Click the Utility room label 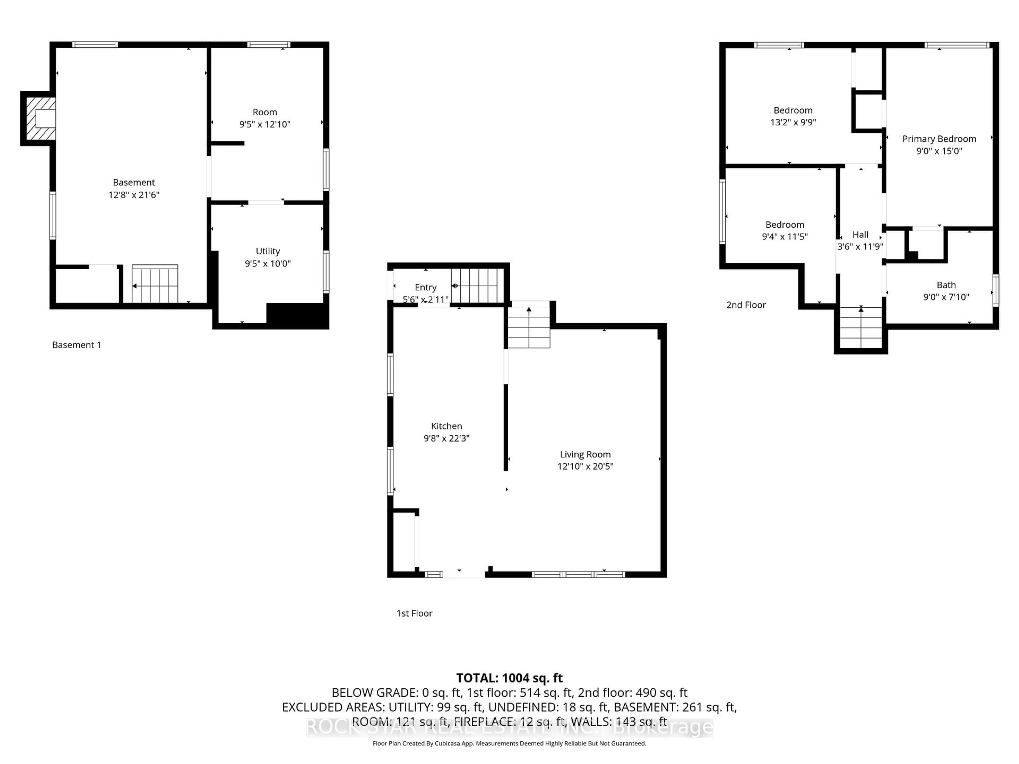pos(268,251)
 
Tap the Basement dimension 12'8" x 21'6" pos(133,195)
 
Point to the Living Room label pos(585,454)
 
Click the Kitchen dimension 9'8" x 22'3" pos(446,438)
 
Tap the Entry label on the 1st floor pos(425,287)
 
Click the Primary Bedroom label pos(939,139)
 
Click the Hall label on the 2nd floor pos(860,235)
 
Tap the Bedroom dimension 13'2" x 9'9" pos(793,122)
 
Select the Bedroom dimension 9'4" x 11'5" pos(784,236)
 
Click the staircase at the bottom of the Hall pos(861,328)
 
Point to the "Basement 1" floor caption pos(76,345)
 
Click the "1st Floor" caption pos(414,613)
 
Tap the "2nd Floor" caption pos(746,305)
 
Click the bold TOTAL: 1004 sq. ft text pos(509,678)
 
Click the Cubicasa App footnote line pos(509,743)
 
